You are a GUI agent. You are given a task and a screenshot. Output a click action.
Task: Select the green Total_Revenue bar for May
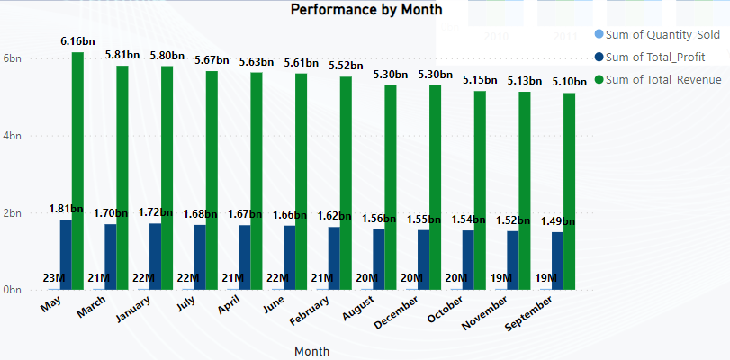pos(77,171)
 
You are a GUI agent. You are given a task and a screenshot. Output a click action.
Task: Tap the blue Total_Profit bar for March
pos(110,256)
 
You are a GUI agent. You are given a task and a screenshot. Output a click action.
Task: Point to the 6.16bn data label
pos(77,41)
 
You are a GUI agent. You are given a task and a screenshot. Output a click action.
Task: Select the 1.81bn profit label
pos(66,209)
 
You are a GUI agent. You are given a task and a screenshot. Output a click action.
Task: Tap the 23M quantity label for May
pos(53,278)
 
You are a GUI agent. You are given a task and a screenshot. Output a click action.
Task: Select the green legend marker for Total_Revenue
pos(599,80)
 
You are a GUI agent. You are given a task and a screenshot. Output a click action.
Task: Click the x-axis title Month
pos(311,350)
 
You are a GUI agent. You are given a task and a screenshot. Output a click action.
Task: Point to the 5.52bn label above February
pos(345,66)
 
